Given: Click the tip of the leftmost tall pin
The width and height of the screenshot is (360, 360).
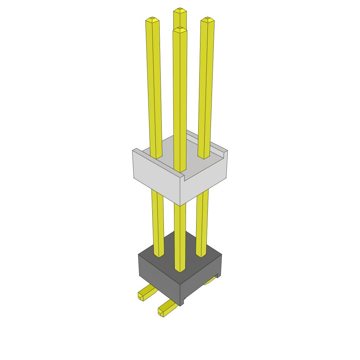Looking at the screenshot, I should (x=152, y=20).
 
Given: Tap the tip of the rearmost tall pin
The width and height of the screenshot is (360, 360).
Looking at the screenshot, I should (x=180, y=10).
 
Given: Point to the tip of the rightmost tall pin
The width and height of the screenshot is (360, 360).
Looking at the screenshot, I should (x=207, y=19).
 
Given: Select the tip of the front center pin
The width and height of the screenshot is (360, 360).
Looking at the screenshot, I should (x=180, y=29).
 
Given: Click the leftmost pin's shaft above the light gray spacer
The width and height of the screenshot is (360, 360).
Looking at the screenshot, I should (x=154, y=88).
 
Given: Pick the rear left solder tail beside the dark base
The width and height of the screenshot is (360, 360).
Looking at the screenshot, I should (x=146, y=292).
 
